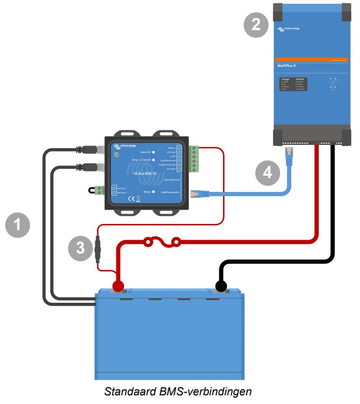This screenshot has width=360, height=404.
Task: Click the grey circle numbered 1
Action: click(x=17, y=224)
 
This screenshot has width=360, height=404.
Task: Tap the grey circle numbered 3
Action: click(x=81, y=248)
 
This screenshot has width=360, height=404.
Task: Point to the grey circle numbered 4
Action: click(x=267, y=173)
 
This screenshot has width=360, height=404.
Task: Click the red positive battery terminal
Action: click(x=117, y=286)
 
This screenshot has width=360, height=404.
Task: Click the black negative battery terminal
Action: click(x=221, y=286)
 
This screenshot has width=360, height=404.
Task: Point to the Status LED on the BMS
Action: click(x=154, y=191)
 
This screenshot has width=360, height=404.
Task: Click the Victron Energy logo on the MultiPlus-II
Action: click(x=289, y=28)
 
